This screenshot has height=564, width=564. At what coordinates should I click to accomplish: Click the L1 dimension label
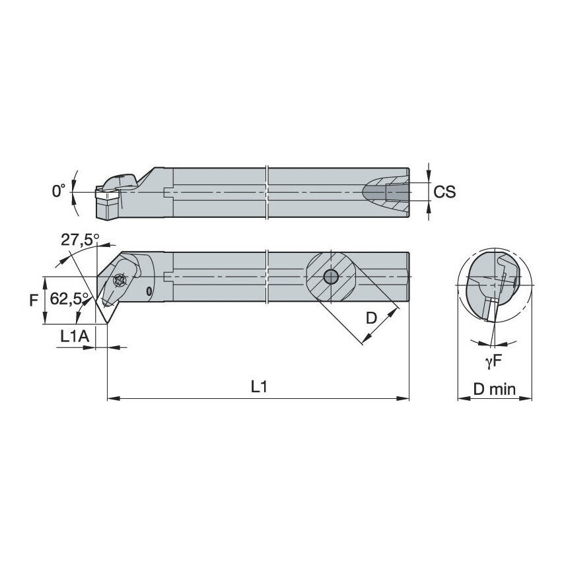(x=258, y=388)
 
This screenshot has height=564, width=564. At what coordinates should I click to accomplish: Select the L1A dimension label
(x=73, y=336)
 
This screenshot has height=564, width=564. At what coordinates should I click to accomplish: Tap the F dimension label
(x=34, y=300)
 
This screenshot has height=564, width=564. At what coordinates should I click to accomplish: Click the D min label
(x=494, y=389)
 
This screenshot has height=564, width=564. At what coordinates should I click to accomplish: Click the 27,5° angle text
(x=80, y=239)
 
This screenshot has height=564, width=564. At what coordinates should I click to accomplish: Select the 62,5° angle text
(x=65, y=299)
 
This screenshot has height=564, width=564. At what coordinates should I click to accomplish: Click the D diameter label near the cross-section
(x=371, y=318)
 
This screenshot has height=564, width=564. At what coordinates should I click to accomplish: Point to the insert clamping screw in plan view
(x=121, y=280)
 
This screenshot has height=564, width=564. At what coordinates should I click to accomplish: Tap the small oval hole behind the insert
(x=150, y=291)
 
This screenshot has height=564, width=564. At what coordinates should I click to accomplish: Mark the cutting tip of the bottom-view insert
(x=106, y=308)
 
